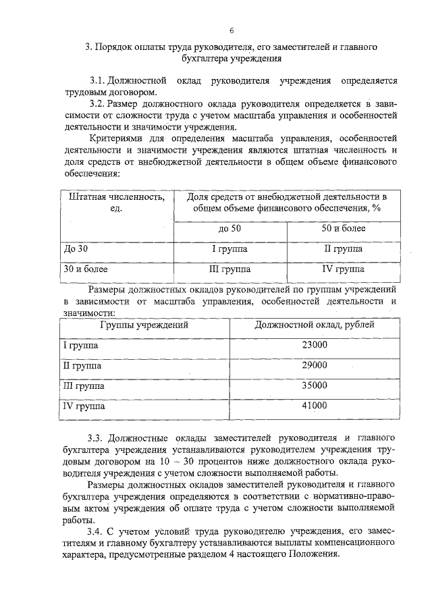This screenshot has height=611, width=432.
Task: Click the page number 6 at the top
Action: [232, 30]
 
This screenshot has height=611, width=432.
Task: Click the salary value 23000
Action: [314, 345]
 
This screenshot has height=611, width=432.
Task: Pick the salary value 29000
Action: [314, 365]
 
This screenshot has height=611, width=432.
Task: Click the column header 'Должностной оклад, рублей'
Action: [315, 325]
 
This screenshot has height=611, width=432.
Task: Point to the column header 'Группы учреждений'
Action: [144, 325]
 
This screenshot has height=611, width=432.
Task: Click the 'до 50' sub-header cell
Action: [230, 229]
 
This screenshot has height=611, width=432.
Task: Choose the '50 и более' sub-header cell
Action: [343, 229]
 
